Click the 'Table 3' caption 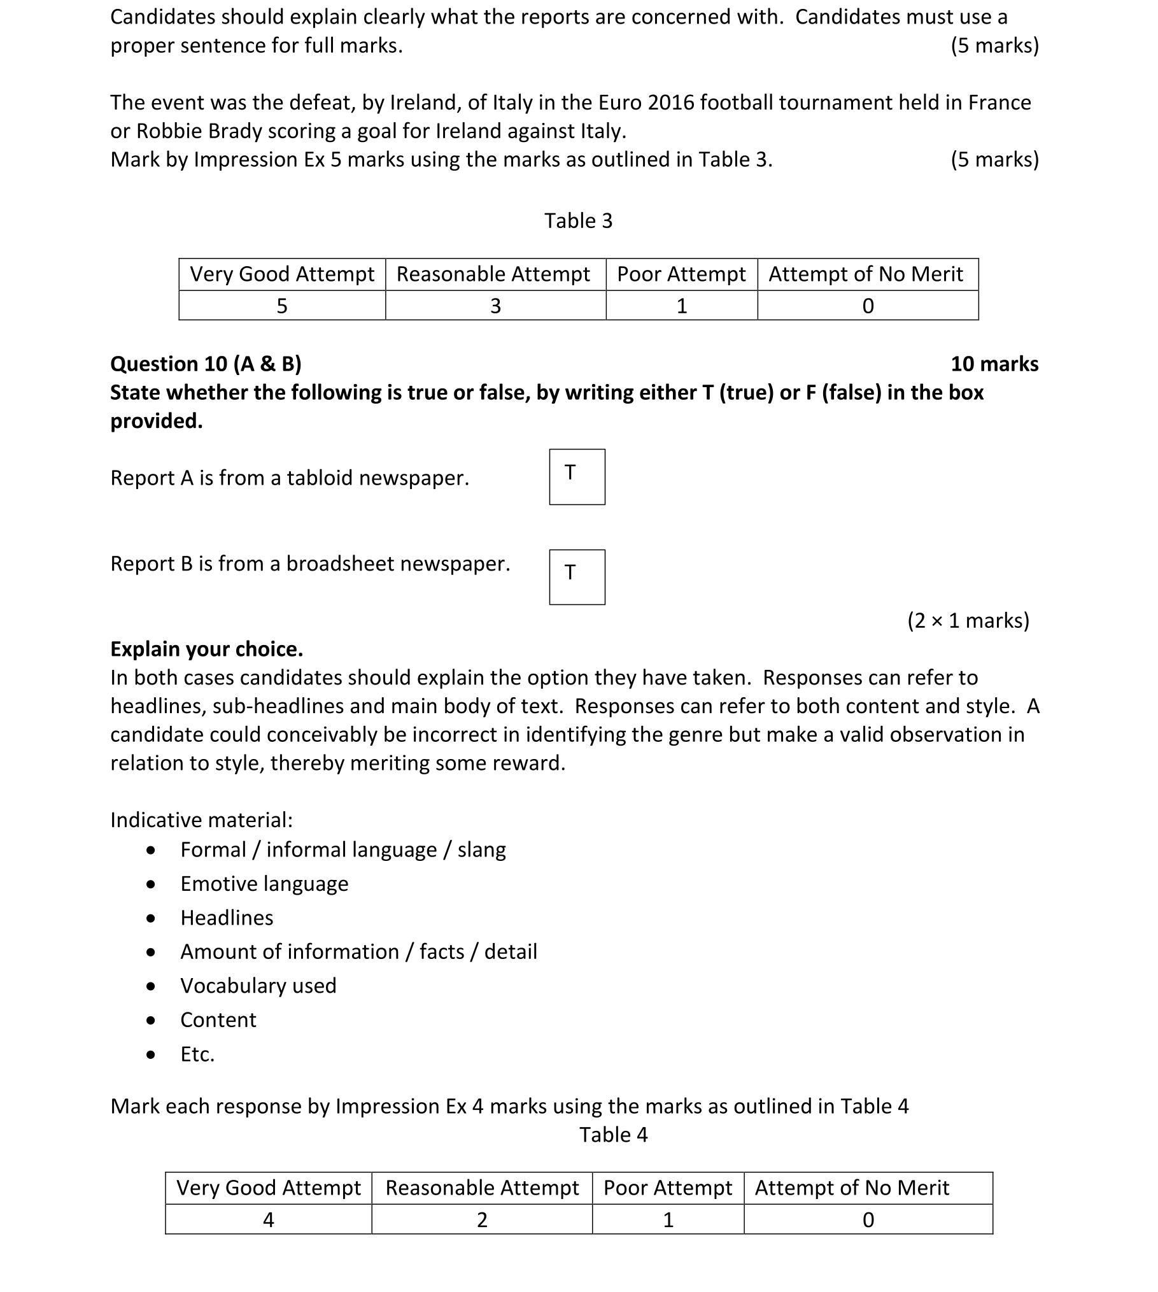click(x=578, y=221)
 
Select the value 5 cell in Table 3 click(x=282, y=306)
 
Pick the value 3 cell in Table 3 click(x=495, y=306)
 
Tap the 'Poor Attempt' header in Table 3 click(x=681, y=274)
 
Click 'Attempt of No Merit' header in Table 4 click(x=852, y=1188)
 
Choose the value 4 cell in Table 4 click(x=269, y=1219)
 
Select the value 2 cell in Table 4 click(x=482, y=1219)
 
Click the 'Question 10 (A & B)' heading click(x=206, y=364)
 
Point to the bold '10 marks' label click(x=994, y=364)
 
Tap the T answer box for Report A click(x=577, y=477)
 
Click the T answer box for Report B click(x=577, y=577)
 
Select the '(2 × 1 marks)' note click(x=968, y=620)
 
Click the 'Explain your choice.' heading click(x=206, y=649)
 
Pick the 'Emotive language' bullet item click(x=264, y=884)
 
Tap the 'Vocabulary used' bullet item click(x=258, y=986)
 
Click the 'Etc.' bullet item click(x=197, y=1054)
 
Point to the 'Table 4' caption click(x=613, y=1135)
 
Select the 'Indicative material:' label click(x=201, y=820)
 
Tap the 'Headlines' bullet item click(x=227, y=918)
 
